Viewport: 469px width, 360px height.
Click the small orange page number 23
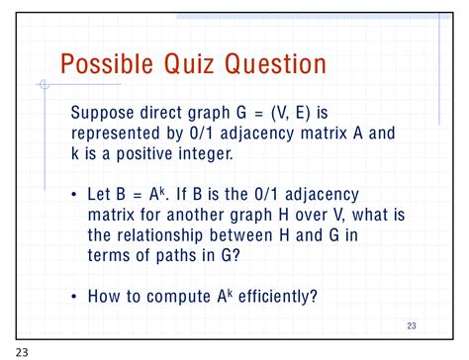coord(413,325)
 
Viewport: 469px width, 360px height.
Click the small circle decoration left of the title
coord(43,86)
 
